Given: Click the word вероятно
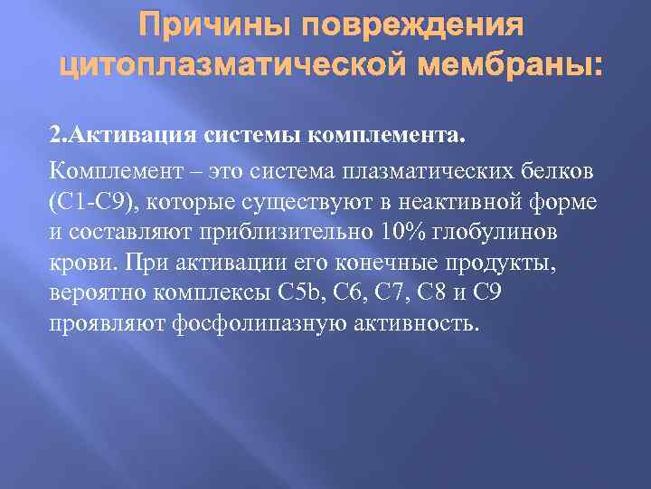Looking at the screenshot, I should [96, 292].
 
